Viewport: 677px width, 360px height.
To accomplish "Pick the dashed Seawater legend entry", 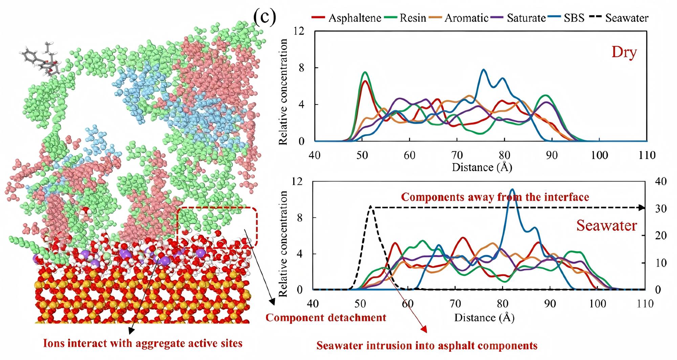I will click(626, 18).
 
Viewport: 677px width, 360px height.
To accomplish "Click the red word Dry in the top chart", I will click(624, 52).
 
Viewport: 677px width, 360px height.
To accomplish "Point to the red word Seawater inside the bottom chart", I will click(607, 225).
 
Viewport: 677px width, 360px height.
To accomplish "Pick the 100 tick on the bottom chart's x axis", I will click(597, 304).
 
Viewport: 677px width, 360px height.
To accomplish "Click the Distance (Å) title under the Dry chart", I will click(482, 167).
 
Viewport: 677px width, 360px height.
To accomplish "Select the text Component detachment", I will click(326, 318).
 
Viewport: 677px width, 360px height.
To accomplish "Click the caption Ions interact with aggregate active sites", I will click(143, 343).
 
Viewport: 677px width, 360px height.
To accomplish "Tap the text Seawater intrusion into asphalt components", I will click(427, 346).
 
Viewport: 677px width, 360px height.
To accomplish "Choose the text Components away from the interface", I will click(495, 197).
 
